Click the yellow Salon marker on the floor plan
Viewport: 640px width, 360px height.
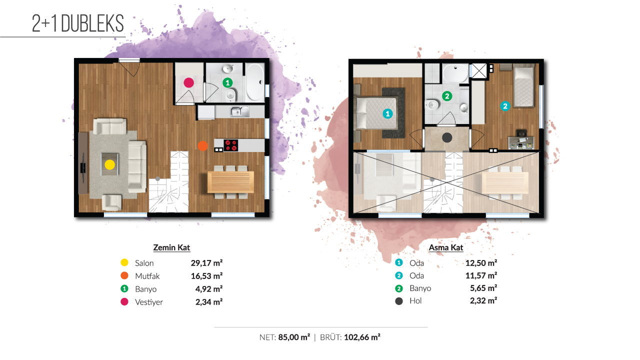109,164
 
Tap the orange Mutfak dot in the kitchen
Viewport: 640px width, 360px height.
203,146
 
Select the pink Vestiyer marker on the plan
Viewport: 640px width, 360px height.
188,83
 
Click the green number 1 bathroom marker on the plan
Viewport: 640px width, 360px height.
227,83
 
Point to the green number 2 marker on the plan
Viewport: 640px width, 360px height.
447,96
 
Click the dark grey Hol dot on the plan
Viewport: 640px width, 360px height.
447,137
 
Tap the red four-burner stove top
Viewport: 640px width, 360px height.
231,145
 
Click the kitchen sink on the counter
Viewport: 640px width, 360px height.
239,111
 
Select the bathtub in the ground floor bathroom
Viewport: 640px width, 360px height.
255,82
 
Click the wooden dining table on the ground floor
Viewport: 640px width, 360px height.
230,182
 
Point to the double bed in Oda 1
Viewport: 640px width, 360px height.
375,113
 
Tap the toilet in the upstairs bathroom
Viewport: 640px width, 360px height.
432,104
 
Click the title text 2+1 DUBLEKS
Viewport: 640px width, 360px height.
77,23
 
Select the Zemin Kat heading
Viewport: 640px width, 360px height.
171,247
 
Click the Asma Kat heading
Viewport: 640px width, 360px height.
445,247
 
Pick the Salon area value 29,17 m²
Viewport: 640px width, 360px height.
206,263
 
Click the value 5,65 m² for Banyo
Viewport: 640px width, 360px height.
483,288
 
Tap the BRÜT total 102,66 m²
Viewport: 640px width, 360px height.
362,337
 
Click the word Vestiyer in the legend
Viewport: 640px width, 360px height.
149,302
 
